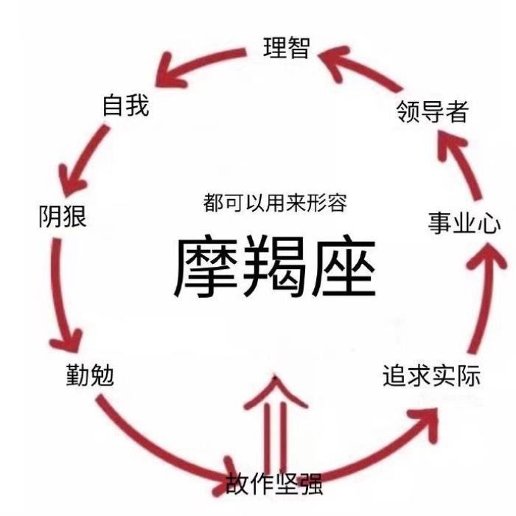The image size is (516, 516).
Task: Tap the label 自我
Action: pos(125,105)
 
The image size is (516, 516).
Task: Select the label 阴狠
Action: pos(63,217)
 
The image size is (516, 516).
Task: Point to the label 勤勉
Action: pos(89,377)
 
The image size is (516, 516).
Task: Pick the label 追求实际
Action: pos(431,375)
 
